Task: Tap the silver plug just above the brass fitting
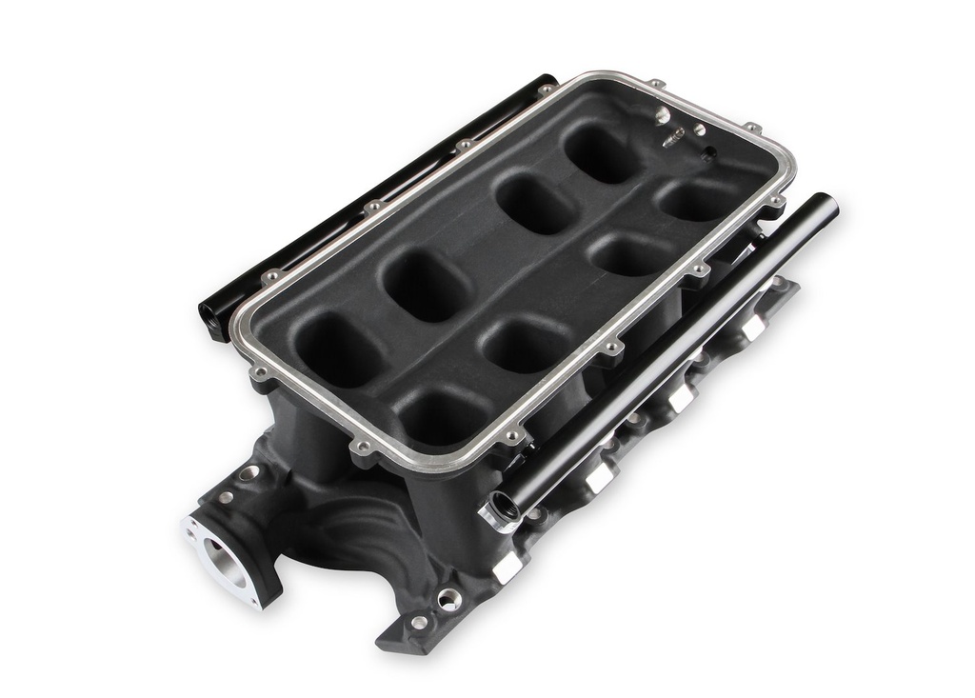662,116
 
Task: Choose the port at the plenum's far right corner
694,199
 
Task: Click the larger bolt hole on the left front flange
249,473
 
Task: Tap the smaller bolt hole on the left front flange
226,497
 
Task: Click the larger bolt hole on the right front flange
448,599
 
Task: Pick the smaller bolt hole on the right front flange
419,623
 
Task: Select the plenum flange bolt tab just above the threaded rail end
515,437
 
